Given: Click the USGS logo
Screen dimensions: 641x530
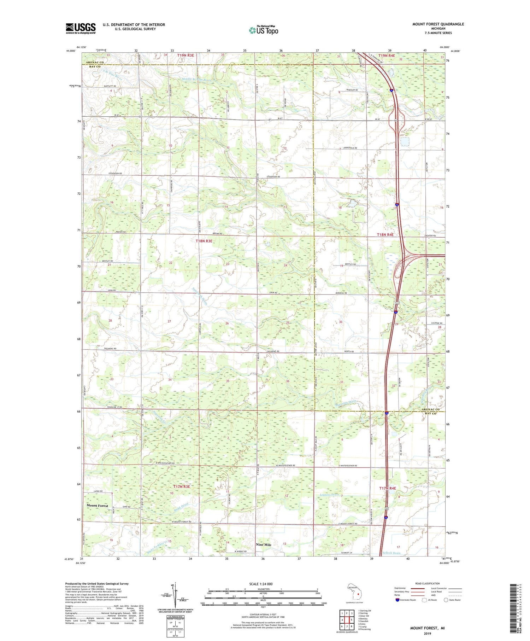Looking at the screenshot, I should click(81, 28).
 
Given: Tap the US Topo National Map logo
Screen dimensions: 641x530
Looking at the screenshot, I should click(263, 30).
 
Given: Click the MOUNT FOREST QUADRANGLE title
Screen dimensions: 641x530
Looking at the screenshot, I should click(438, 24).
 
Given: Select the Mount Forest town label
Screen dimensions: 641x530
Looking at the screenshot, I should click(97, 506).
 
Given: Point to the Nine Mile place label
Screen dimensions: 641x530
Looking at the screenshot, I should click(264, 545).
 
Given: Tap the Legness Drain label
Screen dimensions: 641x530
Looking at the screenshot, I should click(328, 495).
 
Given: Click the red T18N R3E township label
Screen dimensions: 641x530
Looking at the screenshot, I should click(204, 241).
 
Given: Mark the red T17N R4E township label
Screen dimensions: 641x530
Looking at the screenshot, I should click(388, 488).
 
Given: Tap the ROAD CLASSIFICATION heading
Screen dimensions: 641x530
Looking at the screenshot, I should click(428, 583).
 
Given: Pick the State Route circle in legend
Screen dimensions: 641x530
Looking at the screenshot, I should click(446, 600).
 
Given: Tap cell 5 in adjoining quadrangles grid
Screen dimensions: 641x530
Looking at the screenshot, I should click(351, 620).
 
